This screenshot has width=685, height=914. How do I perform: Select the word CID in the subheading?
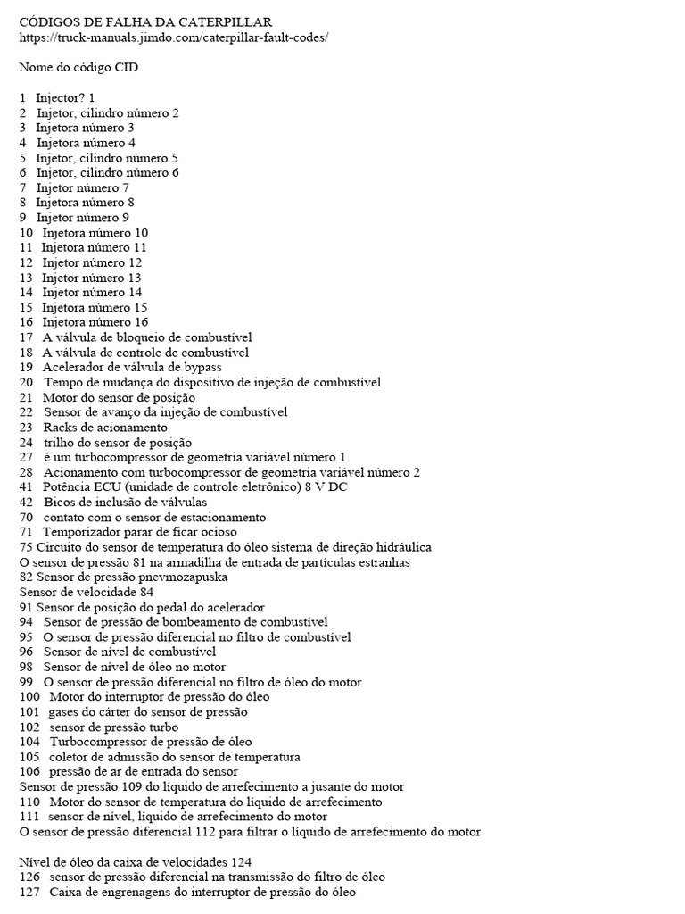click(x=126, y=67)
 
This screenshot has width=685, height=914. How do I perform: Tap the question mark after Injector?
click(x=84, y=97)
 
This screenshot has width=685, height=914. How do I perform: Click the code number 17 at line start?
click(x=26, y=337)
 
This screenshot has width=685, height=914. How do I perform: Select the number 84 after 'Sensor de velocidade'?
click(x=146, y=592)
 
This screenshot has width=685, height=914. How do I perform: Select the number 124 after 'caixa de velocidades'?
click(x=238, y=862)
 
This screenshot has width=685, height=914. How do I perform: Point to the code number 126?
click(x=29, y=877)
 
